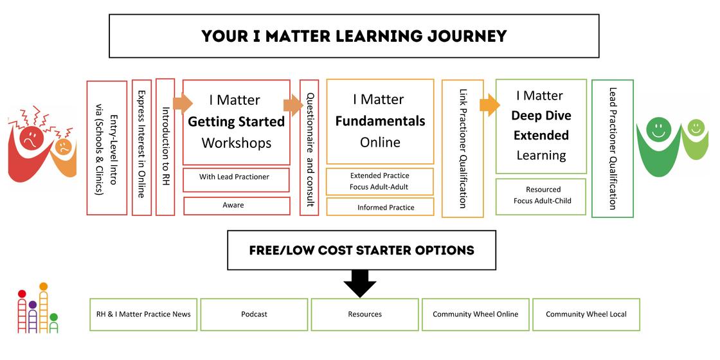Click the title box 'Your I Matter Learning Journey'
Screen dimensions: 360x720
(354, 36)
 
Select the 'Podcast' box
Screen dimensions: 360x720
(254, 314)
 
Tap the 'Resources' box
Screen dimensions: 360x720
(364, 314)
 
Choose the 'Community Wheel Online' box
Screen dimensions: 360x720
(475, 314)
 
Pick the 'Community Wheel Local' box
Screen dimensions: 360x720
(586, 314)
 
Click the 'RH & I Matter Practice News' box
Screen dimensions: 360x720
(143, 314)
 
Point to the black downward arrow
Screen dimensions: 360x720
(360, 283)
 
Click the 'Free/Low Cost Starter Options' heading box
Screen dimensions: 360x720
(361, 250)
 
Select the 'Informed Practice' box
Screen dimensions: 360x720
(380, 207)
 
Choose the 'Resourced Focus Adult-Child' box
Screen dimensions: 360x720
(541, 195)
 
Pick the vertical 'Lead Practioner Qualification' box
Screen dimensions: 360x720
(612, 148)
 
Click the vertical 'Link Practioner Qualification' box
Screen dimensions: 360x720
(462, 148)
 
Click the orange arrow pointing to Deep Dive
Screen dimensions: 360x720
(490, 104)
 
